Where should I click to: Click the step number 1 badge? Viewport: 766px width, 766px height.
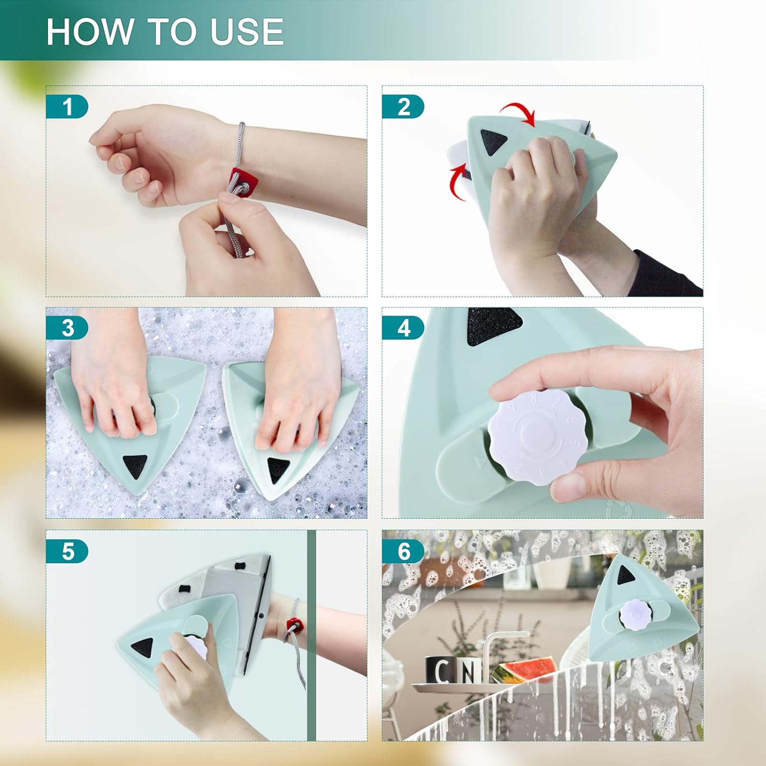pyautogui.click(x=67, y=107)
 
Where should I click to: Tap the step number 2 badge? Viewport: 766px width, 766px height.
pyautogui.click(x=403, y=107)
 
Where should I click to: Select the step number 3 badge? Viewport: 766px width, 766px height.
pyautogui.click(x=67, y=328)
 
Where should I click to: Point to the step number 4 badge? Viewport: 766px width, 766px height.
pyautogui.click(x=403, y=328)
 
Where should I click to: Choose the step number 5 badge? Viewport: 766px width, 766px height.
pyautogui.click(x=67, y=552)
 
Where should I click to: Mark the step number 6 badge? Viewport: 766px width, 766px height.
pyautogui.click(x=403, y=552)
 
